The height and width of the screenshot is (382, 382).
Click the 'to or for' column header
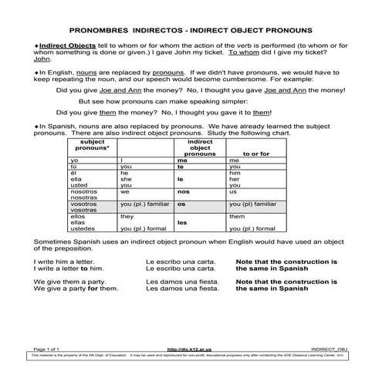click(x=255, y=154)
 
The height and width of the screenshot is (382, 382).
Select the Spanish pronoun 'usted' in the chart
click(x=80, y=185)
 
